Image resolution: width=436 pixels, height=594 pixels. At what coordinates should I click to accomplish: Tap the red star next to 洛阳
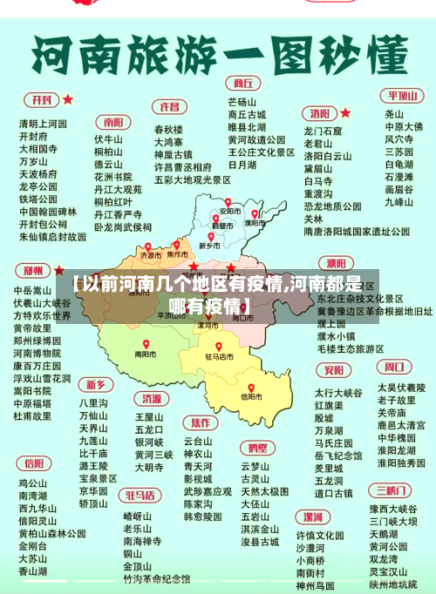click(x=345, y=112)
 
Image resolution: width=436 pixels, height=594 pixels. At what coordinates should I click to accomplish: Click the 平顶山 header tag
click(x=403, y=96)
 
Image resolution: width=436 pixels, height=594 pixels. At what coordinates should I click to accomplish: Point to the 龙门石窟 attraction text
click(x=323, y=132)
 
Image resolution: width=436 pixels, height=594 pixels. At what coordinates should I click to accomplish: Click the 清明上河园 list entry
click(x=43, y=124)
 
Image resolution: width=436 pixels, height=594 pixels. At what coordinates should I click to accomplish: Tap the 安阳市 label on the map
click(x=229, y=212)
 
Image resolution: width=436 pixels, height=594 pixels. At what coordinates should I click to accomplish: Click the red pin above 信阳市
click(x=251, y=388)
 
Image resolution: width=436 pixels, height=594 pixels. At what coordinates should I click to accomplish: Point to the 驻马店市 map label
click(x=220, y=356)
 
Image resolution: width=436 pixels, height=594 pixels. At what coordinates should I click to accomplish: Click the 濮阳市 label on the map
click(x=254, y=222)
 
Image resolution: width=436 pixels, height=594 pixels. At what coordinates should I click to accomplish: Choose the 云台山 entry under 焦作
click(x=198, y=442)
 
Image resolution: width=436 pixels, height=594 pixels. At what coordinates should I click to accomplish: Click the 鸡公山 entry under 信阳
click(x=33, y=483)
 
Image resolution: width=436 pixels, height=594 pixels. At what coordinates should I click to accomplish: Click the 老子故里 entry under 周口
click(x=396, y=400)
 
